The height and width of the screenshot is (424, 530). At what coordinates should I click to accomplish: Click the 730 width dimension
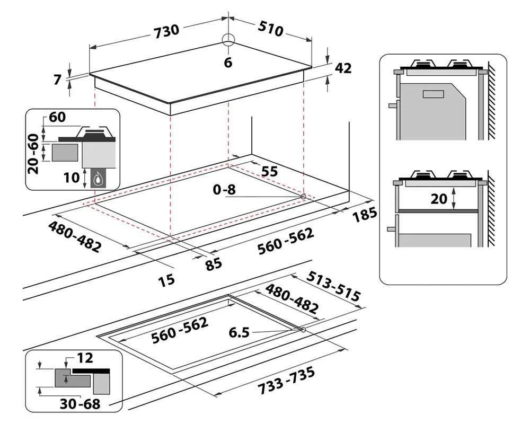point(166,31)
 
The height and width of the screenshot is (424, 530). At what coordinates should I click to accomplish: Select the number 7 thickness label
point(57,80)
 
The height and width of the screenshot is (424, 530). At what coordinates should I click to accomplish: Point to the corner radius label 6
point(228,63)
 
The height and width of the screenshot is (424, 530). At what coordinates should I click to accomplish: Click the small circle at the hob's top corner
point(228,39)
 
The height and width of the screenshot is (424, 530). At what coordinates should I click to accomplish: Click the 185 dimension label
point(365,215)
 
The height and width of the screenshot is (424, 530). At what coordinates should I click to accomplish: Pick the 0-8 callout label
point(224,190)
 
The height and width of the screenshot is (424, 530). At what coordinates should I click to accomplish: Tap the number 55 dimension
point(269,171)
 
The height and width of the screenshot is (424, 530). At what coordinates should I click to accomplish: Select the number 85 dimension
point(214,264)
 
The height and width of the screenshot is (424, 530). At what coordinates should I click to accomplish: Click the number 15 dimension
point(166,280)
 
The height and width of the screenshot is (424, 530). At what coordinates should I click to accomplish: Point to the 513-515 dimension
point(333,287)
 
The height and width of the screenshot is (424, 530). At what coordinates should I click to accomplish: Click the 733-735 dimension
point(286,381)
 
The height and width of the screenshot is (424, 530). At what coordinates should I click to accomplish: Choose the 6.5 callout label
point(239,333)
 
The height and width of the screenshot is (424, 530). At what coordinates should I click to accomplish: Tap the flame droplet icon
point(99,178)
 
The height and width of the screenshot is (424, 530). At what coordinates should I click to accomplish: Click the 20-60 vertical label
point(33,154)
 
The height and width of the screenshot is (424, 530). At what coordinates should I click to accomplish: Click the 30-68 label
point(80,404)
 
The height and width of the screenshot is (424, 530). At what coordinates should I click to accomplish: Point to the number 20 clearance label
point(439,199)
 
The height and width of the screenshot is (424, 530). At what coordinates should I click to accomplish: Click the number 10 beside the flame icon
point(72,178)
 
